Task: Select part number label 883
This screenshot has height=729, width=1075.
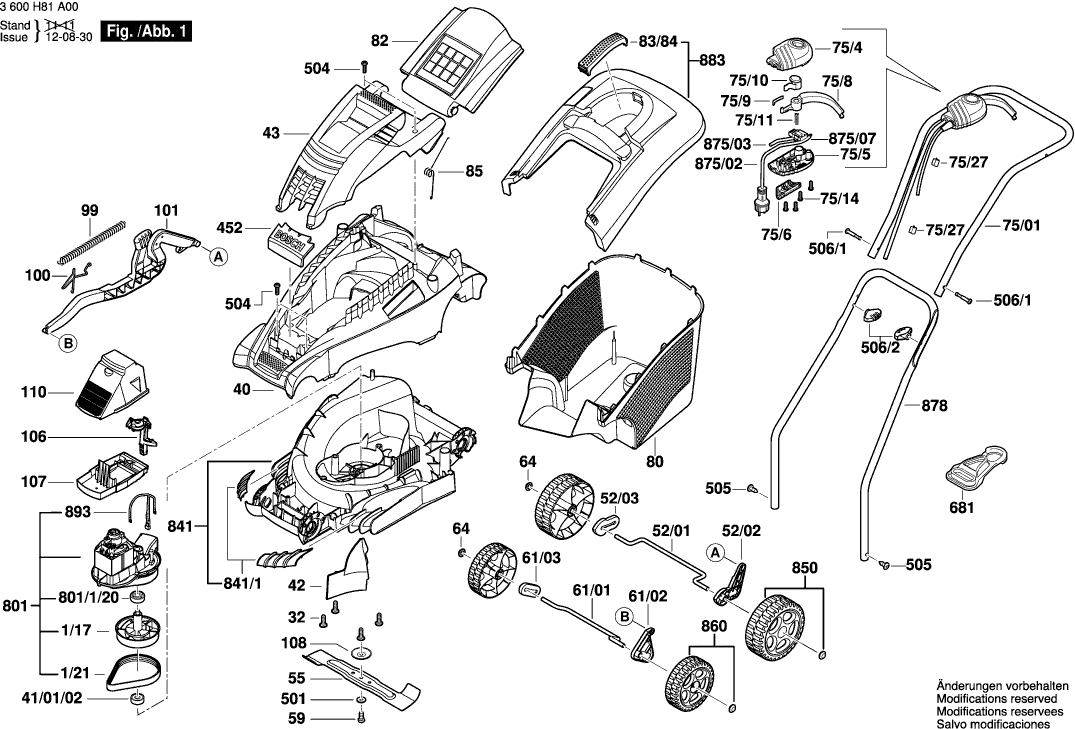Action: pos(712,60)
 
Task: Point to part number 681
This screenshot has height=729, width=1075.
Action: pos(961,508)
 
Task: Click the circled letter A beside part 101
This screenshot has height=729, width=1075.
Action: pos(217,256)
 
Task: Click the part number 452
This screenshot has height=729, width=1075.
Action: pos(230,228)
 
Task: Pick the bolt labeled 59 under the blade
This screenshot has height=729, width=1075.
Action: pos(360,717)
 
